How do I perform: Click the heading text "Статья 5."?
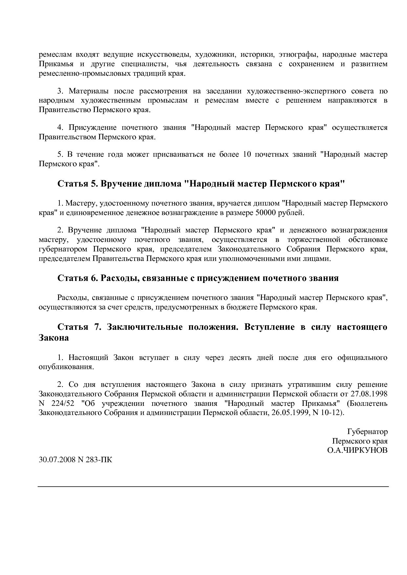coord(77,184)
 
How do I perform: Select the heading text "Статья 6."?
coord(77,278)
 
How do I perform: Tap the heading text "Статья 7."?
coord(77,327)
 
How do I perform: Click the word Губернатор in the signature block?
coord(367,432)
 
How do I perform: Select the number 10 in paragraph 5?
coord(247,154)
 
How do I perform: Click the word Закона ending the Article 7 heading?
coord(54,338)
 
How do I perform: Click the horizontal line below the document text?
coord(213,486)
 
